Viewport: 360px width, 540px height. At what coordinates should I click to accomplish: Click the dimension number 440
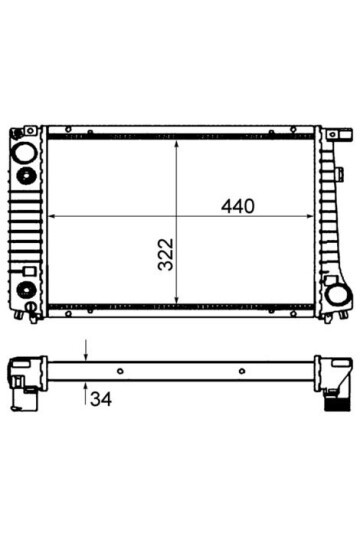[237, 206]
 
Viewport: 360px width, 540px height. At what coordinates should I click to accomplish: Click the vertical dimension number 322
[166, 254]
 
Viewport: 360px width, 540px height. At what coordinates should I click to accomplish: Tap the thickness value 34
[101, 399]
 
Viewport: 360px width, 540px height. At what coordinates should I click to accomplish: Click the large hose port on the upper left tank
[23, 152]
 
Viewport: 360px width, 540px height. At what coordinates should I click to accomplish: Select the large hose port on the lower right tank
[339, 295]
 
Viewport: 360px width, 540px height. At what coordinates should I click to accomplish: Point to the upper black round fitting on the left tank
[26, 176]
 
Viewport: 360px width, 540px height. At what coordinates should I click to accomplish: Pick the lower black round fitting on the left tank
[26, 289]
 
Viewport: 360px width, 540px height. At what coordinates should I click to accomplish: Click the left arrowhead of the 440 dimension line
[52, 216]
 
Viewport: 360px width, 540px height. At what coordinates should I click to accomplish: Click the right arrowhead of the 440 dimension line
[309, 216]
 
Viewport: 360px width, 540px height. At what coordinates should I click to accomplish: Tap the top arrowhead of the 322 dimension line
[176, 145]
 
